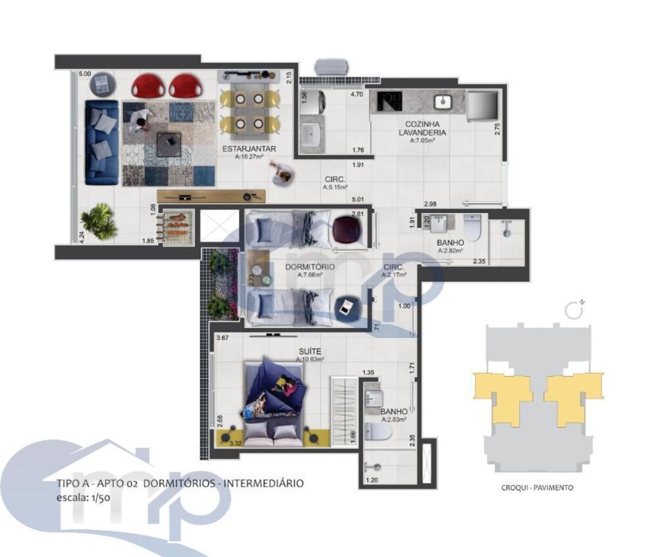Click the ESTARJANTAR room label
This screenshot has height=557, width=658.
coord(249,149)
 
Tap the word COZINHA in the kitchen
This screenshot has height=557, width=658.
coord(422,124)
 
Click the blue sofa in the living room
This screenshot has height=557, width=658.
coord(101,142)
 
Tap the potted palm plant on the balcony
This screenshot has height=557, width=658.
coord(99,220)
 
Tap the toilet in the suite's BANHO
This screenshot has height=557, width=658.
coord(378,433)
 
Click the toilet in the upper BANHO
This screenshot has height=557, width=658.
coord(473,228)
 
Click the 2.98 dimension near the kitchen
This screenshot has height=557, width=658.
coord(431,204)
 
